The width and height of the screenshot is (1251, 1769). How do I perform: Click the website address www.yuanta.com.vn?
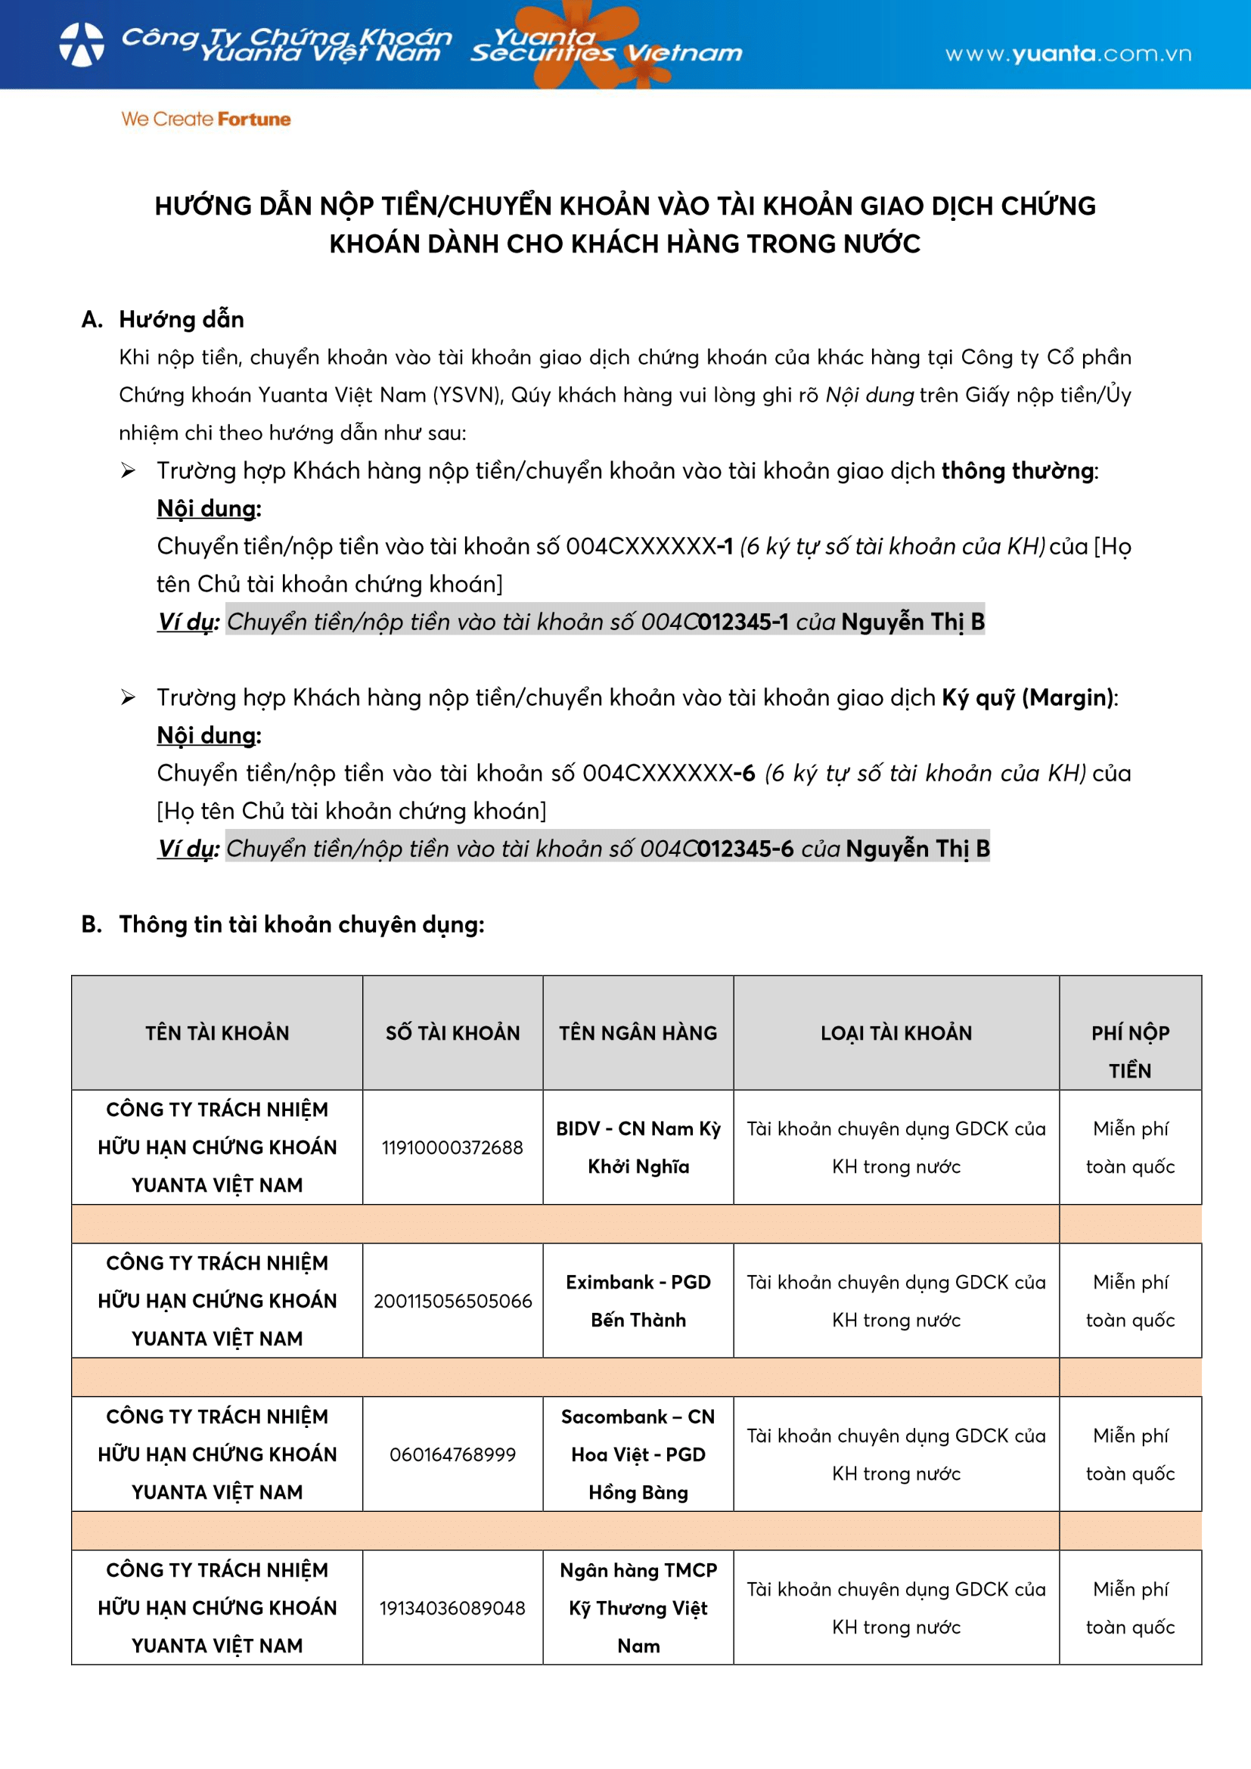click(1068, 53)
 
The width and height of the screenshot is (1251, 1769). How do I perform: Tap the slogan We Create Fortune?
click(206, 119)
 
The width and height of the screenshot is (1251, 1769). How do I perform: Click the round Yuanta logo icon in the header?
click(82, 44)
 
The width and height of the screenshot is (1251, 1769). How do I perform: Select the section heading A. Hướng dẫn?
click(163, 319)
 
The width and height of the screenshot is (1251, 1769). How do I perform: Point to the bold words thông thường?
click(1017, 470)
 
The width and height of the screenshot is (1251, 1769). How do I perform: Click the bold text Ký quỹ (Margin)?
click(1028, 697)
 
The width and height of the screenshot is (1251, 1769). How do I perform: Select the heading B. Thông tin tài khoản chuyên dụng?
click(284, 923)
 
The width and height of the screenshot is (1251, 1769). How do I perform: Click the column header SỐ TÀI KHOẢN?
click(452, 1032)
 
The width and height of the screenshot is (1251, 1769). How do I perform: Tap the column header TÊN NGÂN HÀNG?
click(638, 1032)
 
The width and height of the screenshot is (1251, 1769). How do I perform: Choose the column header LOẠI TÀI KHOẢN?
click(896, 1032)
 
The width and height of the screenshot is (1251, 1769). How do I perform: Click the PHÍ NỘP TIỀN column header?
click(1130, 1051)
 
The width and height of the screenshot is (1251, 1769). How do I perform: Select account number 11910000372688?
click(452, 1147)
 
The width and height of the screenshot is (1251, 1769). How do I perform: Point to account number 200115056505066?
click(452, 1301)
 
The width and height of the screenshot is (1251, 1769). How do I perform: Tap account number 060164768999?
click(452, 1454)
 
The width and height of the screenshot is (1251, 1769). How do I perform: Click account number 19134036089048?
click(452, 1607)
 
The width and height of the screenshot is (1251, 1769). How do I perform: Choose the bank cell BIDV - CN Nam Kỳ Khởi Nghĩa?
click(638, 1147)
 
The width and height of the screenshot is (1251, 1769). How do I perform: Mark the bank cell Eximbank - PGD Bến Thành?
click(638, 1301)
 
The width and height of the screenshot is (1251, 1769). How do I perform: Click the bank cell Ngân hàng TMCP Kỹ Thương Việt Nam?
click(638, 1607)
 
